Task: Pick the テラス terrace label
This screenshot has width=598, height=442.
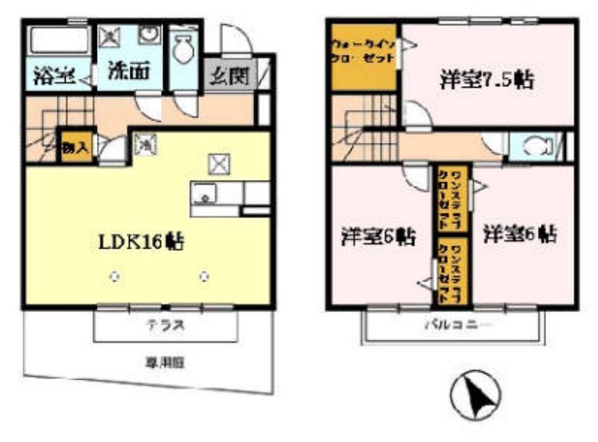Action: click(x=165, y=326)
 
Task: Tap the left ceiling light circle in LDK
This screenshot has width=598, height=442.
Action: click(x=115, y=277)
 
